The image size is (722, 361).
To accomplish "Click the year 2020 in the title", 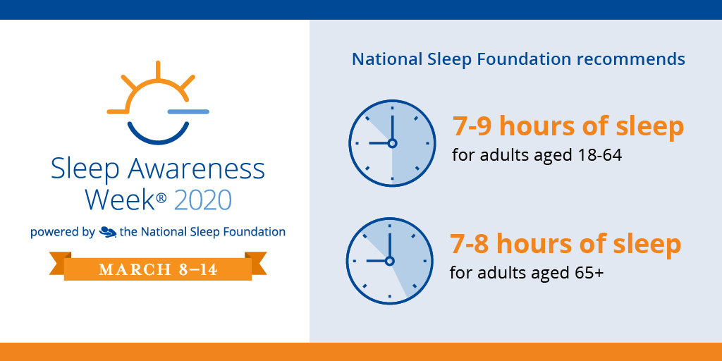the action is point(202,200).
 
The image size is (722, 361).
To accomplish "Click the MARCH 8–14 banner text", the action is point(158,270).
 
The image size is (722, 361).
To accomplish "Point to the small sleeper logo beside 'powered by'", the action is point(108,231).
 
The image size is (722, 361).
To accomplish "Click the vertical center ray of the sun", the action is point(158,70).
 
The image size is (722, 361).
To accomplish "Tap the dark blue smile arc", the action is point(158,134).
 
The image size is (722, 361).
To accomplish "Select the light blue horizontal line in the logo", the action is point(188,111).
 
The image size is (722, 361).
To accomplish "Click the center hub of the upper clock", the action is point(392,143).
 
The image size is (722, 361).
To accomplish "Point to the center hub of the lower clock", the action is point(389,261).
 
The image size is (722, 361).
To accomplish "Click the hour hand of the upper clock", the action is point(379,143).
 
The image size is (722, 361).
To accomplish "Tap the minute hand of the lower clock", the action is point(389,245).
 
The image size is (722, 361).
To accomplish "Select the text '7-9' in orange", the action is point(472,126).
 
